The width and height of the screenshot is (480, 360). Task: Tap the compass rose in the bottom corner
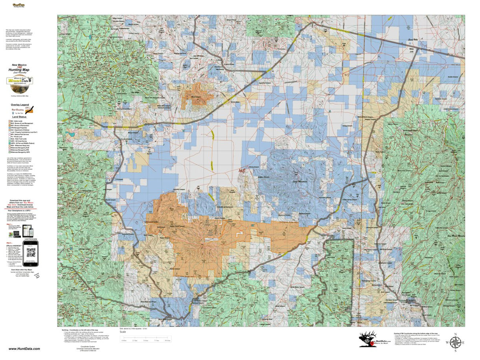[455, 343]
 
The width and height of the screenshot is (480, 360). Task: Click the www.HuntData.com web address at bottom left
[24, 349]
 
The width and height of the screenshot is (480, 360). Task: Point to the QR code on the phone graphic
[30, 253]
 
